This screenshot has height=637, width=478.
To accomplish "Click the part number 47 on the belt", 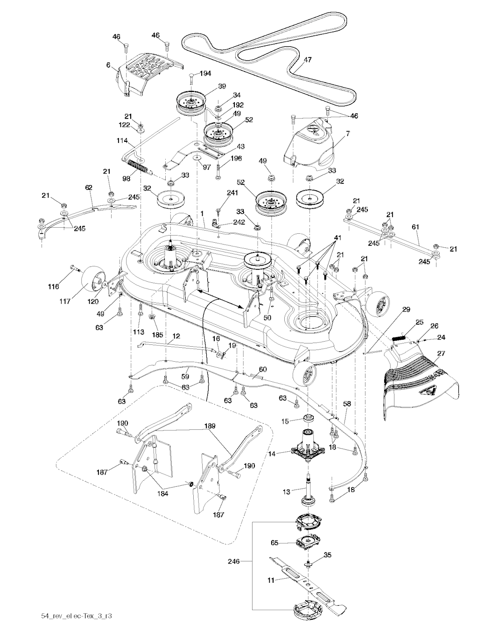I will pos(308,60).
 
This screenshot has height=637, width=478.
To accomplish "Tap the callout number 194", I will pos(205,73).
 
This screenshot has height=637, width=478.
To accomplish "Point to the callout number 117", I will pos(65,301).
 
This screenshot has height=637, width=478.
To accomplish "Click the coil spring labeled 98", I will pos(138,166).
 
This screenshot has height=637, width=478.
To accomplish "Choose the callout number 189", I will pos(211,426).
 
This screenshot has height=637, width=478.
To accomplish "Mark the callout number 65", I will pos(275,543).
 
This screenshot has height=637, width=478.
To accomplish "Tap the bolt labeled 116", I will pos(75,268).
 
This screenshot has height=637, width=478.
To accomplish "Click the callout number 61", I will pos(416,227).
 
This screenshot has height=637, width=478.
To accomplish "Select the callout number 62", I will pos(88,187).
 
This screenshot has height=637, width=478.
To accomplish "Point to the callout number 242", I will pos(239,222).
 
